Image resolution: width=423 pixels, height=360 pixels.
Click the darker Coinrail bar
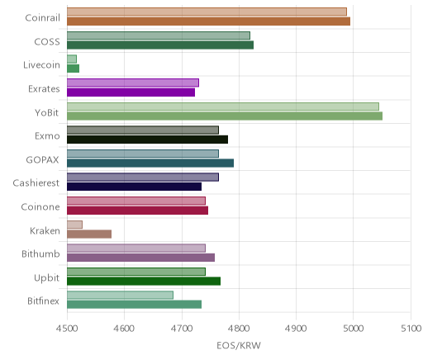click(208, 21)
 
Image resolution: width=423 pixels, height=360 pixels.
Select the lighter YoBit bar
click(223, 107)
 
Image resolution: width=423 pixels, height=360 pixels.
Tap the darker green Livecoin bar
click(73, 69)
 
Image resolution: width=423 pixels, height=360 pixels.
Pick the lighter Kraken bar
click(74, 225)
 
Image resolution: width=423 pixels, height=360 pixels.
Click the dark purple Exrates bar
click(131, 92)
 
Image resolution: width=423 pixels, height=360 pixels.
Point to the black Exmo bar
click(147, 140)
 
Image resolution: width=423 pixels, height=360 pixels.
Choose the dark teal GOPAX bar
click(150, 163)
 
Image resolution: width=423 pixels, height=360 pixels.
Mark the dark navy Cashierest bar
click(134, 187)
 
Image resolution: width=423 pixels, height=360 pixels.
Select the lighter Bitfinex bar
click(120, 295)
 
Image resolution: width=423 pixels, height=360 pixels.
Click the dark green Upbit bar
click(144, 282)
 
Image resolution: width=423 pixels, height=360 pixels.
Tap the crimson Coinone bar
click(137, 211)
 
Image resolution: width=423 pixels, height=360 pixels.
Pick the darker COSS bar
click(160, 45)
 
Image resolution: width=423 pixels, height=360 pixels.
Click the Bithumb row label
click(40, 253)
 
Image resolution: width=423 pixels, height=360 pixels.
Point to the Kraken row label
click(45, 230)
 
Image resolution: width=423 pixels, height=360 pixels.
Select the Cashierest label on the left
click(36, 183)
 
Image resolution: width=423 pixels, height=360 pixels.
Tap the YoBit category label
click(47, 112)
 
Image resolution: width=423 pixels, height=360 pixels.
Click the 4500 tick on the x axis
click(67, 329)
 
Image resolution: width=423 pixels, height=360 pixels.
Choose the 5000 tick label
click(354, 329)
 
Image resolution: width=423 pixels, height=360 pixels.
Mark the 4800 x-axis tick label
click(239, 329)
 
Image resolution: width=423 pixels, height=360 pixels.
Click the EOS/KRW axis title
click(239, 345)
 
